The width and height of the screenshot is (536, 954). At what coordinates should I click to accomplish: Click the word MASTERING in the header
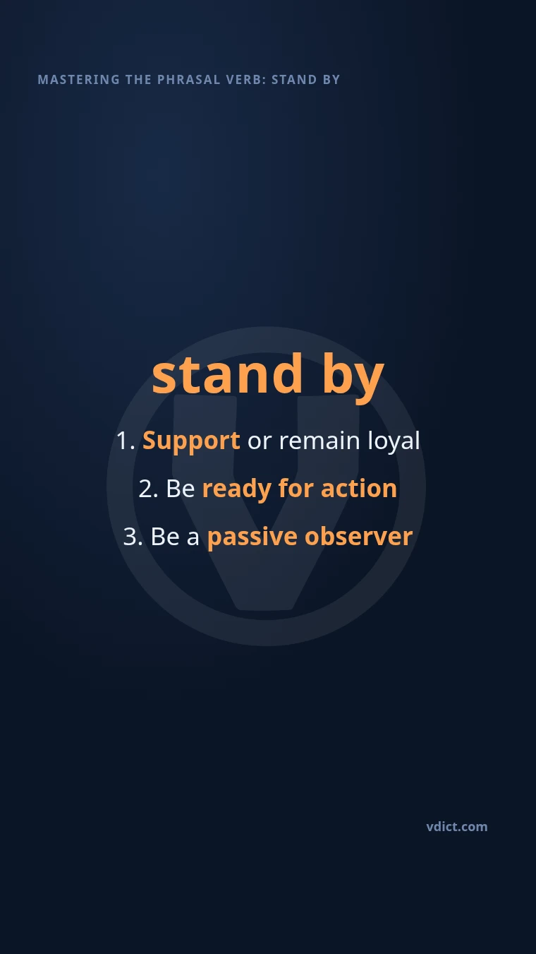[x=79, y=80]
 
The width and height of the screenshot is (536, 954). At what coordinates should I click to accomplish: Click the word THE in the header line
[x=138, y=80]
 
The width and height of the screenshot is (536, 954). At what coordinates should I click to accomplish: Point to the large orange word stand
[x=227, y=374]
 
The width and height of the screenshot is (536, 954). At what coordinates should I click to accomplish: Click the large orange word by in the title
[x=353, y=378]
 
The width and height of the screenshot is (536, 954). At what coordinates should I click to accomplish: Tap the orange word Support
[x=191, y=441]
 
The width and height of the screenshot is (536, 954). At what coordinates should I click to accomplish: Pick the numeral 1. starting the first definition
[x=126, y=441]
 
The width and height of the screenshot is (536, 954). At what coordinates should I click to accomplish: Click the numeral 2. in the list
[x=149, y=489]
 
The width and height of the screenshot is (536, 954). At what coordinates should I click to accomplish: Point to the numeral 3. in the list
[x=133, y=537]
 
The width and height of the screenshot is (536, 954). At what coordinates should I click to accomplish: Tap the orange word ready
[x=236, y=489]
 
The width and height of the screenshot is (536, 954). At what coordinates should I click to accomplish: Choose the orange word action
[x=358, y=488]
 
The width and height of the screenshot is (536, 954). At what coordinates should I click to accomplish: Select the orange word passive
[x=252, y=537]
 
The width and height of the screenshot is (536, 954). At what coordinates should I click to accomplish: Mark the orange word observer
[x=358, y=536]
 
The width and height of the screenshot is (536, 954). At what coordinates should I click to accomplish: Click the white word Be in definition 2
[x=181, y=489]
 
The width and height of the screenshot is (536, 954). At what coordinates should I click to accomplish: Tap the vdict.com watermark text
[x=457, y=827]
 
